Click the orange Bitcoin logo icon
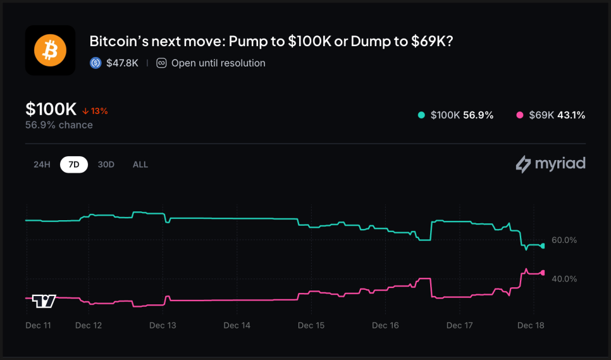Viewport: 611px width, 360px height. click(50, 51)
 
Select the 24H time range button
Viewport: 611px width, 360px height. click(42, 164)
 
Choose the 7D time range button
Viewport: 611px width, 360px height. click(74, 164)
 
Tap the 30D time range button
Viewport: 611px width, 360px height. click(106, 164)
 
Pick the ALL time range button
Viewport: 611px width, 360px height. click(140, 164)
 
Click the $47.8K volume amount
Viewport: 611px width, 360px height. click(122, 63)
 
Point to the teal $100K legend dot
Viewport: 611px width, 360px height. click(421, 115)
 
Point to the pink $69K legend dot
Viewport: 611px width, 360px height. click(520, 115)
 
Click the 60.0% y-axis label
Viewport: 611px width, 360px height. click(564, 240)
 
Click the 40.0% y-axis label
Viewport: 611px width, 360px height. click(564, 278)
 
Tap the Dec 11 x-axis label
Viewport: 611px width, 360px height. click(38, 325)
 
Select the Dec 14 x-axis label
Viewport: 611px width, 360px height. click(237, 325)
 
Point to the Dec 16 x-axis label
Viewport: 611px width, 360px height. click(385, 325)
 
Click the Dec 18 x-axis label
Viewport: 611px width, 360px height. click(531, 325)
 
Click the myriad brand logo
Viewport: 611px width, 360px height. click(550, 164)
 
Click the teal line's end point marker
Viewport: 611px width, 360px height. click(542, 245)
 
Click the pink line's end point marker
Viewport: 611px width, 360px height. click(542, 273)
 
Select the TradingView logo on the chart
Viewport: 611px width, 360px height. click(44, 301)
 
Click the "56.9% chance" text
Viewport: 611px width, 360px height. click(59, 125)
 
